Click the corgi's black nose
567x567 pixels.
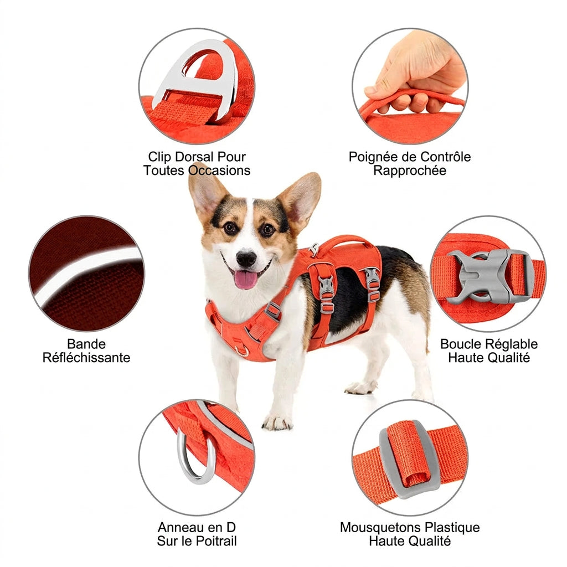point(246,258)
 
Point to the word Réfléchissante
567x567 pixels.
point(86,358)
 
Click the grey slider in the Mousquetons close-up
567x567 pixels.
point(409,459)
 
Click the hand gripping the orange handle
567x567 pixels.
point(416,73)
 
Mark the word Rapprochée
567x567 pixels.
point(410,171)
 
